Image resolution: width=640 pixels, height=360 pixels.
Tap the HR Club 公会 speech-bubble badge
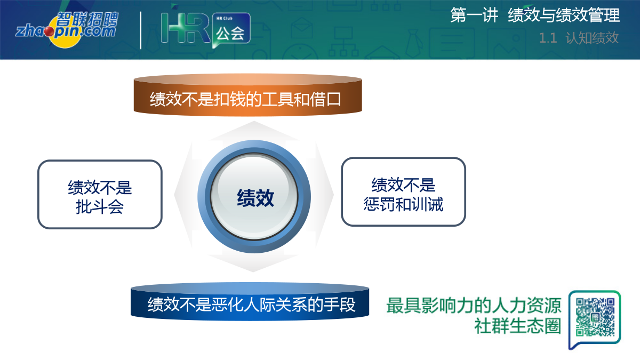231,30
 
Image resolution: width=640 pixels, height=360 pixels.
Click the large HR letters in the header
185,28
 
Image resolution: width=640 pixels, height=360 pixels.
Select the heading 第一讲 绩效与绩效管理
535,15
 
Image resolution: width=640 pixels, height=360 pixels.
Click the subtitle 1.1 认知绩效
579,38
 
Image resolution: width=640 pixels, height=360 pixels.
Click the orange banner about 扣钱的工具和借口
247,95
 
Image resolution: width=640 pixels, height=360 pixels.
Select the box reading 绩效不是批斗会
100,194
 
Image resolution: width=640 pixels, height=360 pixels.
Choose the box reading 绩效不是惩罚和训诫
403,191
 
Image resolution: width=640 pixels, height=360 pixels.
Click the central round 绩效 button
254,197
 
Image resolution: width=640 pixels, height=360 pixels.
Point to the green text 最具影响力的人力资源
474,306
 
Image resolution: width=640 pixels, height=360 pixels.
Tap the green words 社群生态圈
518,326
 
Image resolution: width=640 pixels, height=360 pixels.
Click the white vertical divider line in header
141,30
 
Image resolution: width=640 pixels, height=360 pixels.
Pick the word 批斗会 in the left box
100,207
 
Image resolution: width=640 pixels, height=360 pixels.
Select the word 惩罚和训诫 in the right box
403,204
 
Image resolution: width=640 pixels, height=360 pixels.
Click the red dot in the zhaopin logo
50,31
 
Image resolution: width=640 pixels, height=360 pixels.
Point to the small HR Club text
225,18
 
